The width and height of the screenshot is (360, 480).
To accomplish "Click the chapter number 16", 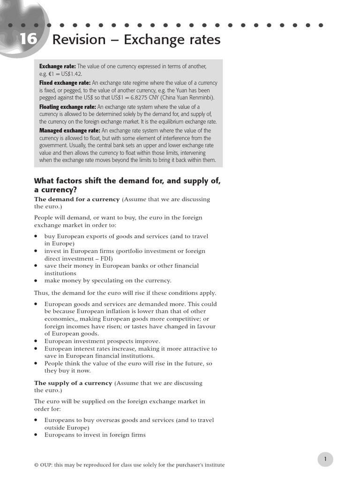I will coord(27,39).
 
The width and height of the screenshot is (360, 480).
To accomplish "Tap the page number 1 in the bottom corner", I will coord(325,459).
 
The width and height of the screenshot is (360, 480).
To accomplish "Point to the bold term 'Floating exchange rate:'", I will coord(67,107).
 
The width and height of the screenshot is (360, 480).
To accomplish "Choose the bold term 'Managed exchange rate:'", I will coord(69,131).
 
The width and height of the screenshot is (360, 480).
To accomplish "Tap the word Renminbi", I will coord(200,97).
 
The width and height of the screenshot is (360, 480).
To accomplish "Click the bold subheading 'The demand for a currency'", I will coord(77,199).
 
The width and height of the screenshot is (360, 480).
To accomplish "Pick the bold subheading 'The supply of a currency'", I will coord(73,383).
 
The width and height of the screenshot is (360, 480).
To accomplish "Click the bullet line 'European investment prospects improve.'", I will coord(102,341).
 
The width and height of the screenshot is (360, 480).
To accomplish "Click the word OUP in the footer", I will coord(47,465).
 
